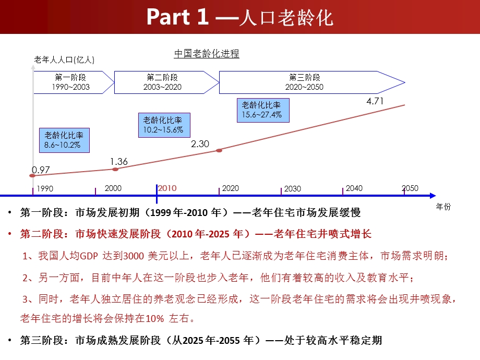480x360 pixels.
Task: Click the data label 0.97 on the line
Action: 41,170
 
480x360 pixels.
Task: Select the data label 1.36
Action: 119,162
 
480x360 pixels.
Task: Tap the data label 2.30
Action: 200,143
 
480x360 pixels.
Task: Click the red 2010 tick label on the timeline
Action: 167,188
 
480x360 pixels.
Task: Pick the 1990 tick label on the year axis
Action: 44,189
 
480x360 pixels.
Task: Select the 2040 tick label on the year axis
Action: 354,188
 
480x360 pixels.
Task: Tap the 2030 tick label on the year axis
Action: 292,189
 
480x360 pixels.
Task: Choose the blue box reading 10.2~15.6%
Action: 163,125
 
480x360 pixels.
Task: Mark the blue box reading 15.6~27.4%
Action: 262,110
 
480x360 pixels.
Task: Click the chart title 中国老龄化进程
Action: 207,53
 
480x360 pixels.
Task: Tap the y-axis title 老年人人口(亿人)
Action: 64,60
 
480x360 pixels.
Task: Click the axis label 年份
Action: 443,207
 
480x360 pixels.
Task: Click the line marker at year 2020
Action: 219,150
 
